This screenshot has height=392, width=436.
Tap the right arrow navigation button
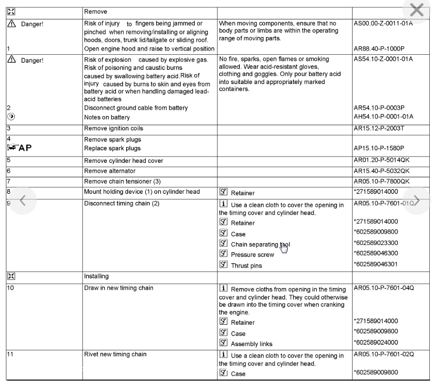tap(416, 200)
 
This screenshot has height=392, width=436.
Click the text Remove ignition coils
tap(114, 128)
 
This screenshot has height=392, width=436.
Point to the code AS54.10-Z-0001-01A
tap(383, 59)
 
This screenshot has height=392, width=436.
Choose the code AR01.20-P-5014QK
tap(382, 160)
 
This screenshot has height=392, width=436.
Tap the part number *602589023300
tap(376, 243)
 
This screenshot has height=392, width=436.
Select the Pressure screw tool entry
tap(252, 255)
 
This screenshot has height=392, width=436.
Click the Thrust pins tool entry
tap(247, 265)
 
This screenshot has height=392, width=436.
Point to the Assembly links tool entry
tap(252, 344)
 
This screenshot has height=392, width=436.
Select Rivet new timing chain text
tap(115, 355)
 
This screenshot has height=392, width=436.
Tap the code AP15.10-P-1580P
tap(378, 148)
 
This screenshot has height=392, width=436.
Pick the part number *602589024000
tap(376, 343)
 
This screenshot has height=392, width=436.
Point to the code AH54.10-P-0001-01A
tap(383, 117)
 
